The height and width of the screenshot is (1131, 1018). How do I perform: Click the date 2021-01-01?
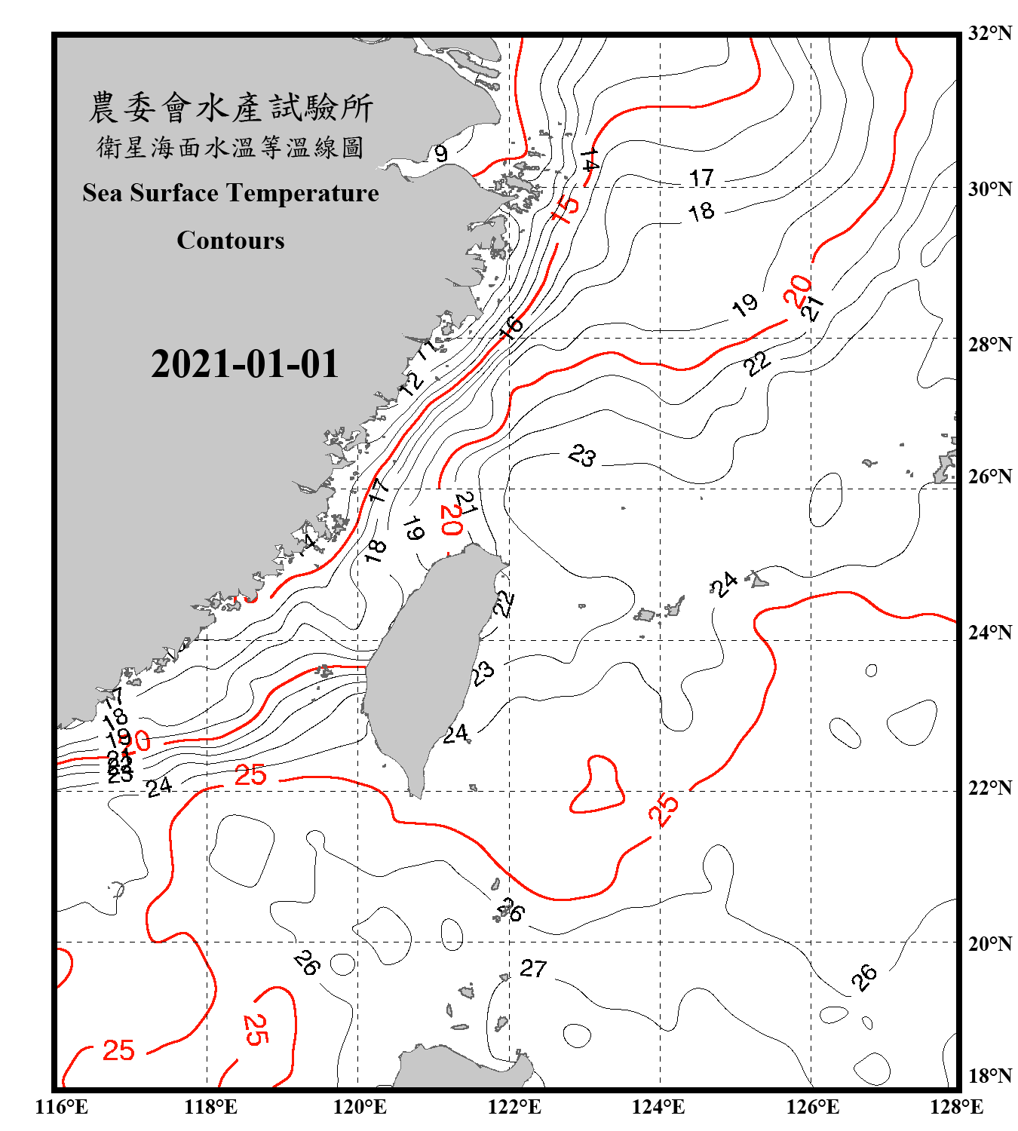(x=245, y=364)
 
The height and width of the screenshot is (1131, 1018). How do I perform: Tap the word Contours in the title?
(x=231, y=241)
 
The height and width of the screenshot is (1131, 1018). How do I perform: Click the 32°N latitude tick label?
(x=989, y=33)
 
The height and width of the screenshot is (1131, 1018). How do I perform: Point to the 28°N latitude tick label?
(x=989, y=345)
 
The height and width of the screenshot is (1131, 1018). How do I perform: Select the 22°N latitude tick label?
(x=989, y=788)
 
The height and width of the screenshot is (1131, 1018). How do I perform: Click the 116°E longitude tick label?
(x=62, y=1107)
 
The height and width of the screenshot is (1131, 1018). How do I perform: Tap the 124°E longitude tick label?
(x=658, y=1107)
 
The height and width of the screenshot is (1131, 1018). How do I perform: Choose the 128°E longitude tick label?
(x=956, y=1107)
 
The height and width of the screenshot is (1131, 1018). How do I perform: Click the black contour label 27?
(x=533, y=968)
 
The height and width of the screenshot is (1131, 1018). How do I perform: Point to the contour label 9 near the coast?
(x=441, y=154)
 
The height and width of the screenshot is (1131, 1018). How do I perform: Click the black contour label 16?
(x=511, y=327)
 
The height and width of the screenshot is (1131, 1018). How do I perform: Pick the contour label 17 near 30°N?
(x=701, y=178)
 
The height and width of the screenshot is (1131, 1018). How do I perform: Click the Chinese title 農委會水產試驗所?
(x=231, y=108)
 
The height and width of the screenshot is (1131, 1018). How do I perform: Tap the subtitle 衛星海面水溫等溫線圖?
(x=231, y=147)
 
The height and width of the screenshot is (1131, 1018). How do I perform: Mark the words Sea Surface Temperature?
(x=231, y=193)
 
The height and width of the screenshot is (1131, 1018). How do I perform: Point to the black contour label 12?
(x=412, y=383)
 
